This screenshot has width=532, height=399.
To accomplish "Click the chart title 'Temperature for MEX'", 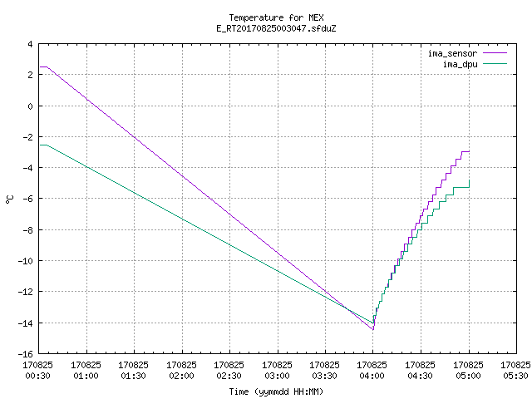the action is click(276, 17).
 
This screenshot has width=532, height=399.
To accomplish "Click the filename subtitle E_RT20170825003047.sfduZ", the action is click(276, 28).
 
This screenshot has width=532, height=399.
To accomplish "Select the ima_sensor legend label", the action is click(452, 53).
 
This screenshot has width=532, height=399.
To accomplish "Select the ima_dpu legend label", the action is click(460, 64).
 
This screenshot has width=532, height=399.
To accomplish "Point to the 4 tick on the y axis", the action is click(30, 44).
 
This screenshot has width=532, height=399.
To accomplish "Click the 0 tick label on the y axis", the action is click(30, 106).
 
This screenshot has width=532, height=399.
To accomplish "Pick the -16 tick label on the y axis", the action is click(26, 354).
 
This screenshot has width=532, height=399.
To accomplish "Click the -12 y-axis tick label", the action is click(26, 292).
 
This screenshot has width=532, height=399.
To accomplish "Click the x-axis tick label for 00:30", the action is click(38, 371).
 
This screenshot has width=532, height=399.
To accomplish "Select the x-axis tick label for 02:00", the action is click(182, 371).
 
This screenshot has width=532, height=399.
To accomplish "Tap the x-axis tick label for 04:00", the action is click(372, 371).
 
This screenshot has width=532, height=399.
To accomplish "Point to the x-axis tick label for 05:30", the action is click(515, 371).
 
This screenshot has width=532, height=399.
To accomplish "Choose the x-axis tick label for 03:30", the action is click(325, 371).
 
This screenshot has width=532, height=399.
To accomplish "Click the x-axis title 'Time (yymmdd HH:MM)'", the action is click(276, 392).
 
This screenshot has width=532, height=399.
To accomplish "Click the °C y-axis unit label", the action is click(10, 199).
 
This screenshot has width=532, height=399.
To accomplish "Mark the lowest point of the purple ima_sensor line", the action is click(373, 330).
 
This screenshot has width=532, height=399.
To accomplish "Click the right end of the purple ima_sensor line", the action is click(469, 151).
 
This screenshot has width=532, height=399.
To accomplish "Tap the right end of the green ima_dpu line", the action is click(469, 180).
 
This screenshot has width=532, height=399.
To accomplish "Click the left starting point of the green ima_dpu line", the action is click(40, 145).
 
